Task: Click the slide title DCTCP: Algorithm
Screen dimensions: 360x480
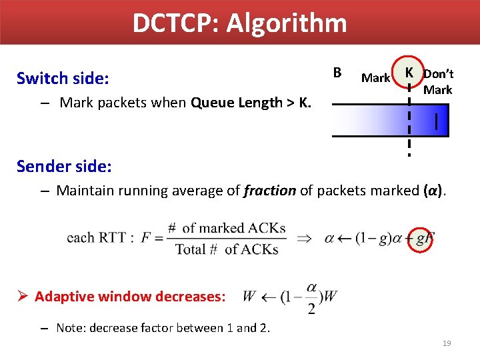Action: pyautogui.click(x=239, y=23)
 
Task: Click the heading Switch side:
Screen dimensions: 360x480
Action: pyautogui.click(x=62, y=79)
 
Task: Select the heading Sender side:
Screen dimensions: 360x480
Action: pyautogui.click(x=64, y=165)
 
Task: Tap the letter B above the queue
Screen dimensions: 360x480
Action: pyautogui.click(x=337, y=72)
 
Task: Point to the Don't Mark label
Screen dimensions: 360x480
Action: pyautogui.click(x=438, y=82)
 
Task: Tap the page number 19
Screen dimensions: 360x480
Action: pyautogui.click(x=447, y=343)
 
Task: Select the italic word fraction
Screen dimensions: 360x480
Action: pyautogui.click(x=270, y=191)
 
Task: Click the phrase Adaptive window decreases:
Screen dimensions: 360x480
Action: pyautogui.click(x=130, y=296)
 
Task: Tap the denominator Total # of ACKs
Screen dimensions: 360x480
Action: pyautogui.click(x=227, y=249)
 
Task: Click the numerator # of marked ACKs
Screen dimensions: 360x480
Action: pyautogui.click(x=227, y=228)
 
